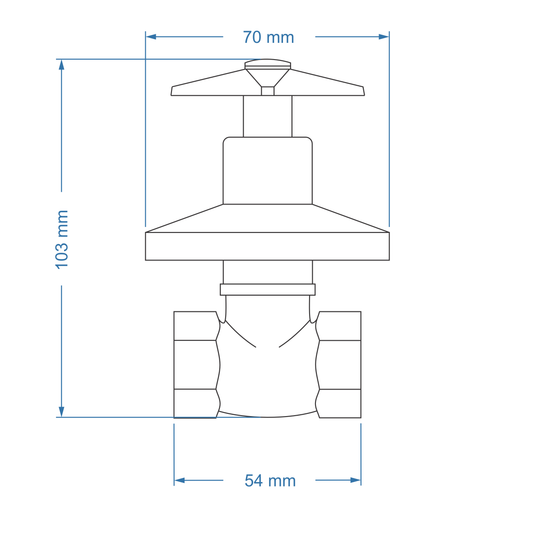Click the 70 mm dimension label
pyautogui.click(x=268, y=37)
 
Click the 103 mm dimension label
pyautogui.click(x=61, y=239)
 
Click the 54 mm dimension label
pyautogui.click(x=270, y=481)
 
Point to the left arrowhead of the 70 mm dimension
pyautogui.click(x=151, y=37)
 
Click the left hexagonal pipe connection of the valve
pyautogui.click(x=195, y=364)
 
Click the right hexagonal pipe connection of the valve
pyautogui.click(x=340, y=364)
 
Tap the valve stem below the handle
pyautogui.click(x=267, y=116)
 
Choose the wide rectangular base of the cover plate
pyautogui.click(x=267, y=246)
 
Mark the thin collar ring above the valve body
pyautogui.click(x=267, y=290)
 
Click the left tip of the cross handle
pyautogui.click(x=174, y=92)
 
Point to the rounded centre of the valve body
pyautogui.click(x=267, y=375)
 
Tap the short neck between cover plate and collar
pyautogui.click(x=267, y=272)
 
